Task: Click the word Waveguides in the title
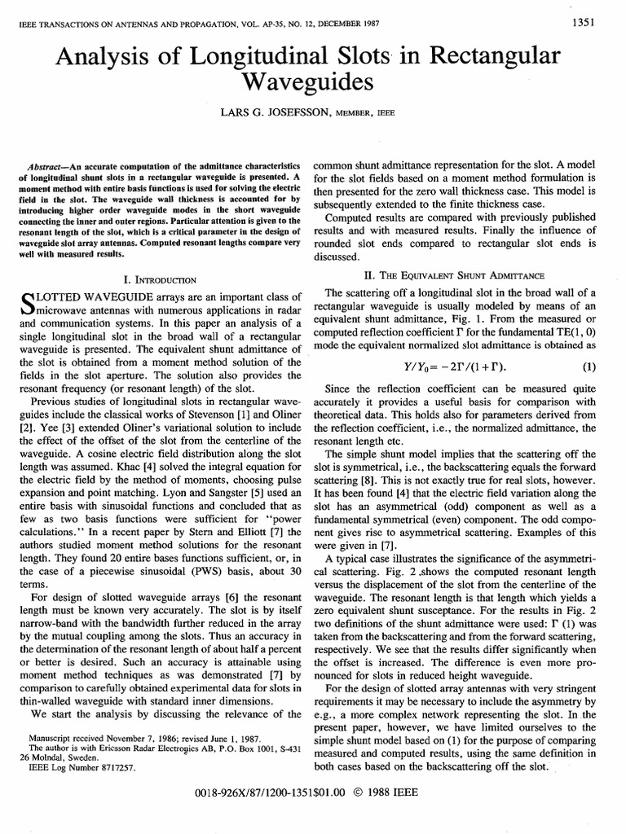coord(312,82)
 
